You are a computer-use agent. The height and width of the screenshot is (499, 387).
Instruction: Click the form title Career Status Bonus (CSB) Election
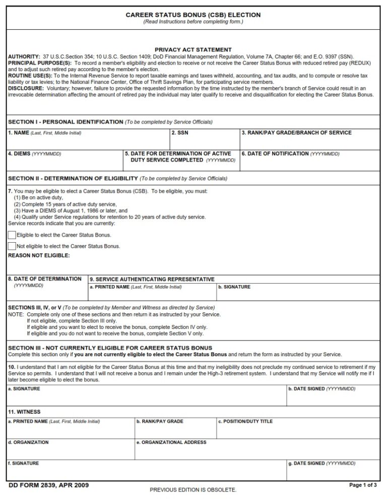coord(193,15)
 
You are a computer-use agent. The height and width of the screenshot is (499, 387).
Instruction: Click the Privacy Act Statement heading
coord(193,50)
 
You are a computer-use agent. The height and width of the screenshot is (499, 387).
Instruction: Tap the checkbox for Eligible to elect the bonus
coord(12,235)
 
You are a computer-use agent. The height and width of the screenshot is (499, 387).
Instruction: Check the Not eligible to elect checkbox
coord(12,246)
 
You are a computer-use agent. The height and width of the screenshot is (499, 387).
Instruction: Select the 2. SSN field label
coord(180,133)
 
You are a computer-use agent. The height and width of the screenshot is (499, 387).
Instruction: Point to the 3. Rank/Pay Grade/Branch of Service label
coord(296,133)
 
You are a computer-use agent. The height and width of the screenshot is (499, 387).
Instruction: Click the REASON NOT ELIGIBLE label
coord(39,256)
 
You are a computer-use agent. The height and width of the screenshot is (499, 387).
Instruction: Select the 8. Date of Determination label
coord(44,279)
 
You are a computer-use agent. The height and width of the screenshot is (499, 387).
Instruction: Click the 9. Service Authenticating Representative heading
coord(152,279)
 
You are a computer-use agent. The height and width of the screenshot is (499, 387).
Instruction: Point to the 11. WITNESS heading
coord(24,412)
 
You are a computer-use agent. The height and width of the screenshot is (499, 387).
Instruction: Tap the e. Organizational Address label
coord(171,442)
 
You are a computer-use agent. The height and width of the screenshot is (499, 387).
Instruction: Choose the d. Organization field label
coord(28,442)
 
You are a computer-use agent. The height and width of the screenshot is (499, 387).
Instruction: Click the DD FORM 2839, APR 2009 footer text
coord(49,485)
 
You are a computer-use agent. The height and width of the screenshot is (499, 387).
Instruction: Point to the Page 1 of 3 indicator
coord(363,485)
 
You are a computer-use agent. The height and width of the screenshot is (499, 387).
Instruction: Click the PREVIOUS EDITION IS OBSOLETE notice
coord(193,490)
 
